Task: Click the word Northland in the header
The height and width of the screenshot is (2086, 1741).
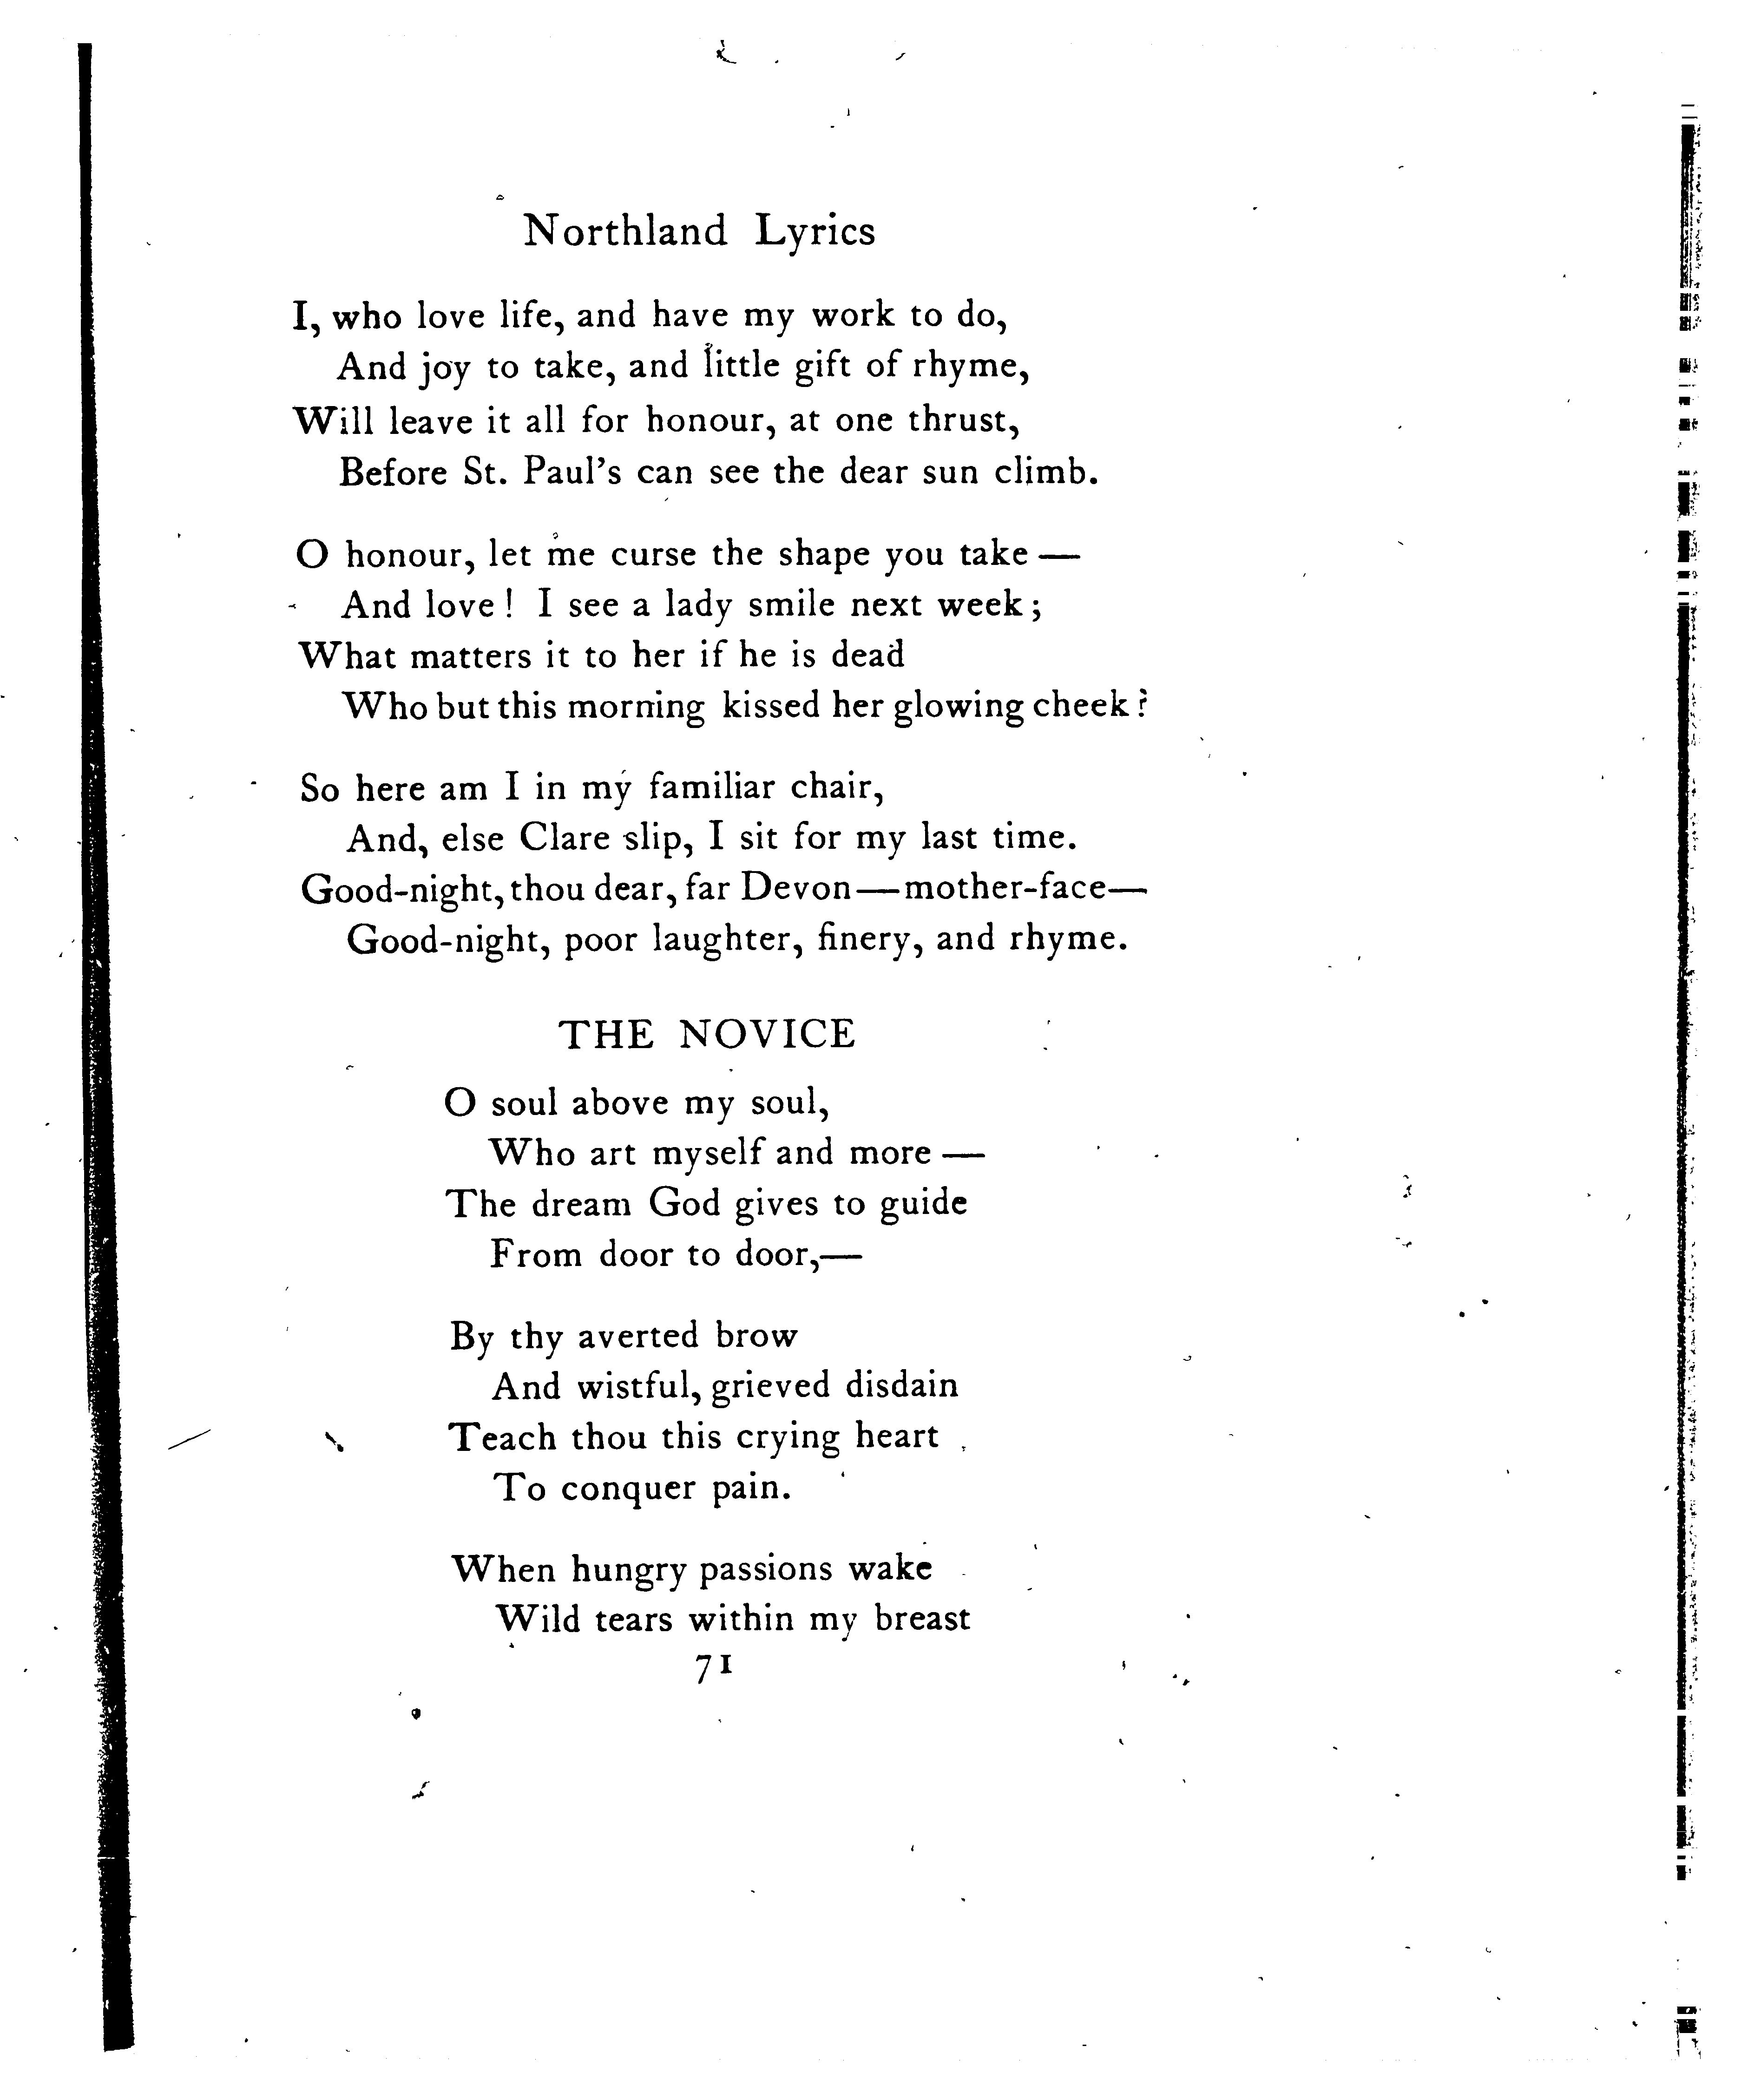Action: click(625, 231)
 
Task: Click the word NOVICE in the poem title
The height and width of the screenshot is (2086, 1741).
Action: click(767, 1035)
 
